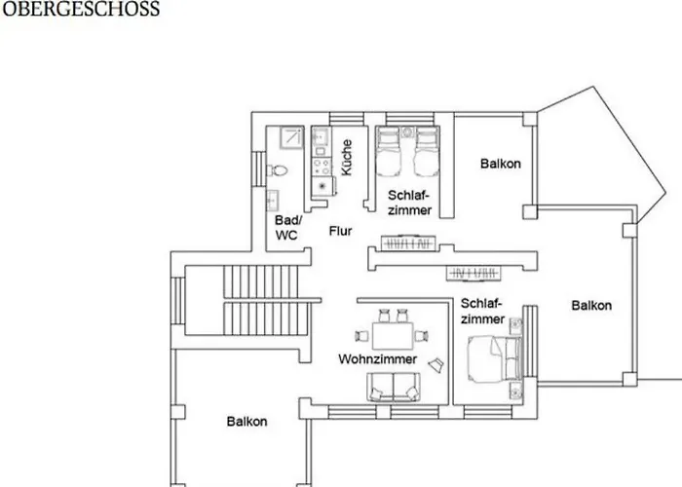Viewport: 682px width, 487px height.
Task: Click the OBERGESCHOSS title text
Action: pos(81,9)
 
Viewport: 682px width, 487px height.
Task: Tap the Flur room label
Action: pos(341,231)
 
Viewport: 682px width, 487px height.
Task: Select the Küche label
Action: pos(347,158)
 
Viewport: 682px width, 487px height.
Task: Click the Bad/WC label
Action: pos(287,227)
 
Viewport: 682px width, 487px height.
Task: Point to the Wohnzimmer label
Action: pos(378,359)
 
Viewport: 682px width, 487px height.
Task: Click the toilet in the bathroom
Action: pos(278,170)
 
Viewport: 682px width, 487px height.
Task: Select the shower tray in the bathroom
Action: pos(291,137)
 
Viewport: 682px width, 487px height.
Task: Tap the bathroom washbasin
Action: pos(273,201)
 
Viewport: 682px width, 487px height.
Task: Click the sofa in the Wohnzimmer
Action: pos(394,387)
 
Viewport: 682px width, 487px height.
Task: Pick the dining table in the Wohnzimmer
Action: pos(393,336)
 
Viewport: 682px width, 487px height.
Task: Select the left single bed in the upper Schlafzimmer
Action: pos(389,152)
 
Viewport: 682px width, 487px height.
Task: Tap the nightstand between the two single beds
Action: pos(407,131)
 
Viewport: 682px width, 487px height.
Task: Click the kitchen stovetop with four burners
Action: pos(322,166)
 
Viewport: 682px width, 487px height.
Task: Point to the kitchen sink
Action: pos(322,136)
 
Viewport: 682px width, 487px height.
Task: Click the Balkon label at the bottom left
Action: pos(246,422)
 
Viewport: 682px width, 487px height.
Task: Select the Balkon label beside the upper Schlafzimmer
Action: pos(500,164)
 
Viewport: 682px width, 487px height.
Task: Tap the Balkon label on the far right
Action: pos(591,305)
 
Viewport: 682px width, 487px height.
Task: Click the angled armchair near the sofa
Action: pos(436,364)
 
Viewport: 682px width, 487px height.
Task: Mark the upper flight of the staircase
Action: pos(261,281)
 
